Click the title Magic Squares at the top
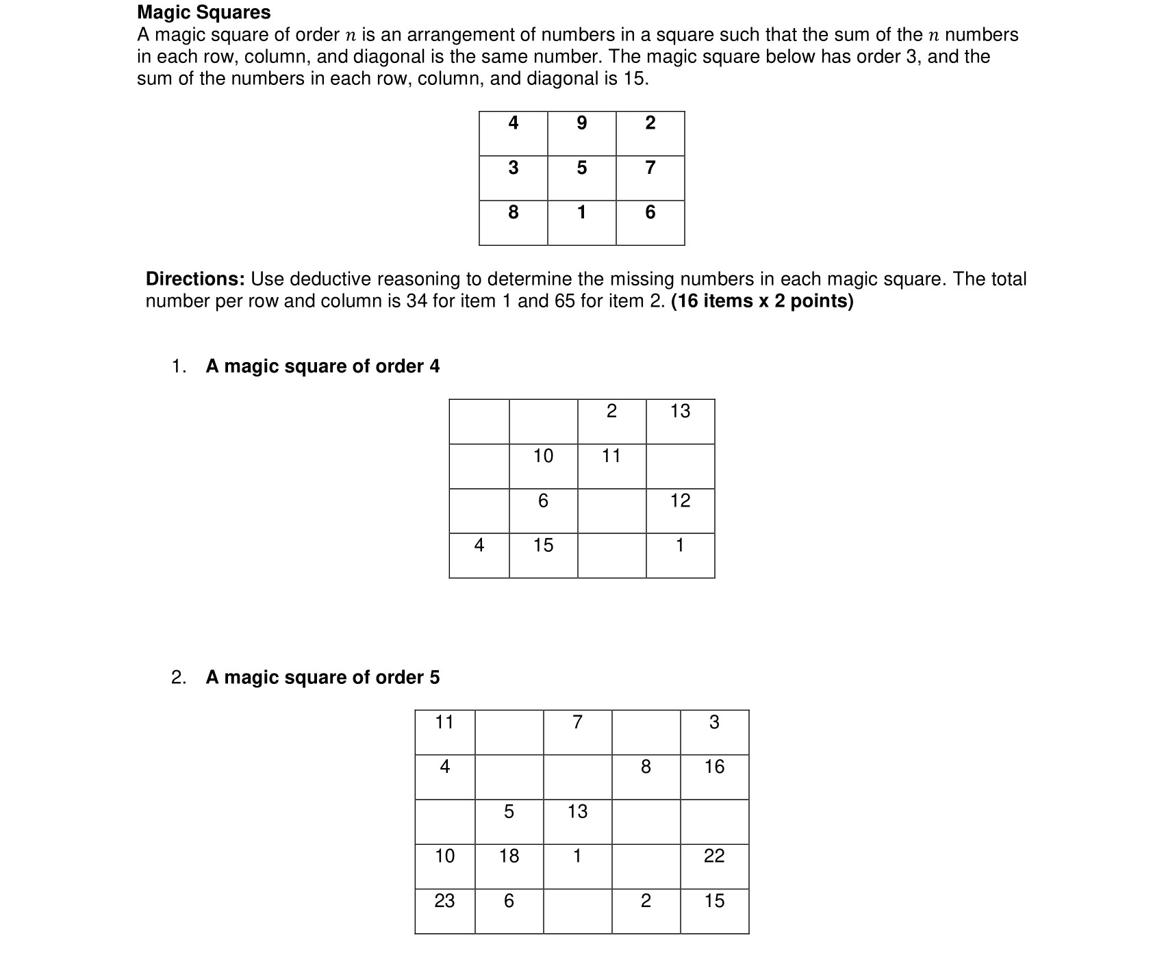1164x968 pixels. [203, 12]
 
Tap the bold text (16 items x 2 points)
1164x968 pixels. [762, 301]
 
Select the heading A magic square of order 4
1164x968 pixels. [322, 366]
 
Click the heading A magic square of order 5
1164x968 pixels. [322, 677]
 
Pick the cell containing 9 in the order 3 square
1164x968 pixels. [582, 133]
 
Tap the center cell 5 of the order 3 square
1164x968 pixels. [582, 178]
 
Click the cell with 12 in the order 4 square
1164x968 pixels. [680, 510]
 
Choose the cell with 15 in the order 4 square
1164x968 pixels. [543, 555]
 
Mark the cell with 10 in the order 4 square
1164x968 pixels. [543, 466]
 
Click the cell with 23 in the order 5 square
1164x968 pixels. [445, 910]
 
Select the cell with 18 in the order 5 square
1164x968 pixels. [509, 865]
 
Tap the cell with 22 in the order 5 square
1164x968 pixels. [714, 865]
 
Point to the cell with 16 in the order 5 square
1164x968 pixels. [714, 776]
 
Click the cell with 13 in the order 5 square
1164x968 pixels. [577, 821]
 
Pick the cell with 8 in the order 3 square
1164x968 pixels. [514, 222]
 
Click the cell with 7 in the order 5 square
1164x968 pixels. [577, 732]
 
